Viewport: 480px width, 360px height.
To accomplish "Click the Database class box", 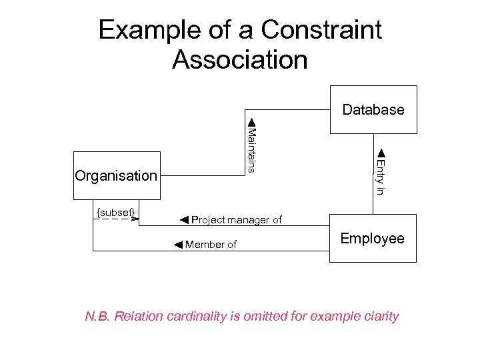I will coord(373,109).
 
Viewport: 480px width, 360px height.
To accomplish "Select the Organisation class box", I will coord(117,176).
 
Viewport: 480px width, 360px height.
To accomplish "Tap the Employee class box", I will coord(373,239).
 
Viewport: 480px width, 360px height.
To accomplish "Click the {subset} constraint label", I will coord(116,212).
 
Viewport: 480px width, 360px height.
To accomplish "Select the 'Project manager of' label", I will coord(237,220).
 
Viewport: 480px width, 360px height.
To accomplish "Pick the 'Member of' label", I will coord(211,245).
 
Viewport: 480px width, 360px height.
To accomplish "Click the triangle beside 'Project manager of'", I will coord(185,219).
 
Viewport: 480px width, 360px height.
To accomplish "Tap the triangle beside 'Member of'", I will coord(178,245).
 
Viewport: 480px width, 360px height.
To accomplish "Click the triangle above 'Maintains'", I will coord(251,122).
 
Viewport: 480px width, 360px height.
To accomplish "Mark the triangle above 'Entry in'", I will coord(380,154).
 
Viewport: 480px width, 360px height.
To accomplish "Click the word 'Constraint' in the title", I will coord(321,30).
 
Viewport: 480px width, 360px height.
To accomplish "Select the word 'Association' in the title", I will coord(239,59).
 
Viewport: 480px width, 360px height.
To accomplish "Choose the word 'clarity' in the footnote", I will coord(379,316).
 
